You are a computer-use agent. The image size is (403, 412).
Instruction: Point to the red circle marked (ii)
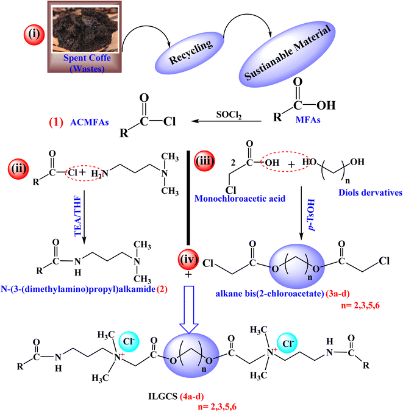20,165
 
